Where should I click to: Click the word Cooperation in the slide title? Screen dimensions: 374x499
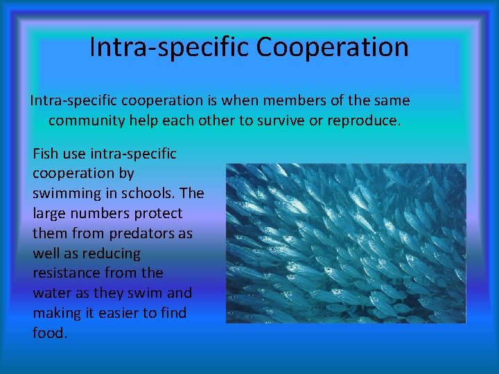[332, 47]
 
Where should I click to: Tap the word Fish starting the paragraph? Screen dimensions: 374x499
[46, 153]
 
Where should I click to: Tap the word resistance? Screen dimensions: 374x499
[64, 273]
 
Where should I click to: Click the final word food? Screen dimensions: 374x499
[49, 333]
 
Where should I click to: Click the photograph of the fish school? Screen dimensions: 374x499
[346, 243]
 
